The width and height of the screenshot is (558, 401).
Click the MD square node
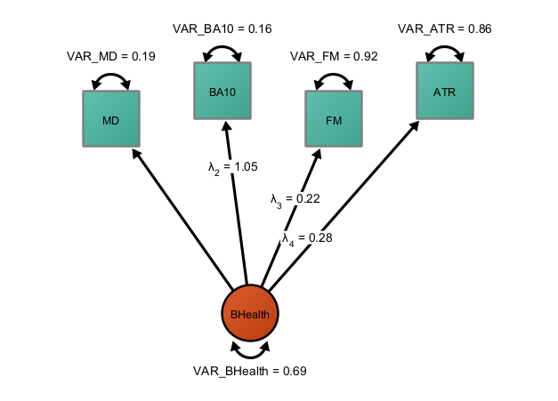coord(111,119)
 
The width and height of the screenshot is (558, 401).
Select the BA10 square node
coord(222,91)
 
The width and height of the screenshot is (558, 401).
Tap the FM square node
coord(334,119)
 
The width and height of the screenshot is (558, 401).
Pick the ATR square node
coord(445,91)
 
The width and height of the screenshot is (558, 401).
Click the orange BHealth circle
coord(250,314)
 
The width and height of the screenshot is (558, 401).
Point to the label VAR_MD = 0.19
coord(111,57)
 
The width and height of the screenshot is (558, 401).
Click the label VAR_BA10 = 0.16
coord(222,28)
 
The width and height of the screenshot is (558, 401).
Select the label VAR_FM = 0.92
coord(334,57)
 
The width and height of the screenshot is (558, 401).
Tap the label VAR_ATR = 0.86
coord(445,28)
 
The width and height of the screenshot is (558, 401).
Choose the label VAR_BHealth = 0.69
coord(250,370)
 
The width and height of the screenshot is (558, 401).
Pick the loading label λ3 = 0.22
coord(295,199)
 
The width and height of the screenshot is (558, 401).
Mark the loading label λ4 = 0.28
coord(307,238)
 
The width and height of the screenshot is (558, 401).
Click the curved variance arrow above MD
coord(111,76)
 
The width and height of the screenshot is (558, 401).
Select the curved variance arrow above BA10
coord(222,48)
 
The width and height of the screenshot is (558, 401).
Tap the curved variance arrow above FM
coord(334,76)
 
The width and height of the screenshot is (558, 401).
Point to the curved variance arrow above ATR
coord(445,48)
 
